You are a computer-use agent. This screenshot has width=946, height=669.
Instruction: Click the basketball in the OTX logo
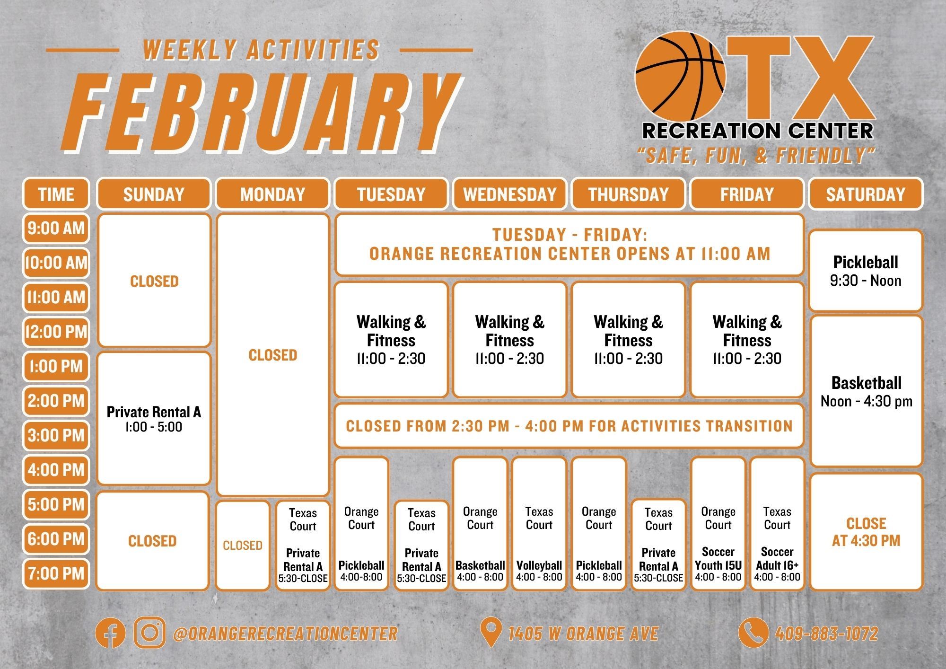(x=680, y=76)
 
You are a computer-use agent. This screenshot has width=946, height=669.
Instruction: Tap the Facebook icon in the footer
(x=110, y=633)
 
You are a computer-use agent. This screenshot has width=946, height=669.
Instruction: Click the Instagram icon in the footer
(x=149, y=633)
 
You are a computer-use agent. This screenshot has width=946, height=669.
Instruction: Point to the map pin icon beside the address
(x=491, y=633)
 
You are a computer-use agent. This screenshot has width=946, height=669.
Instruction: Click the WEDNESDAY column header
(x=509, y=194)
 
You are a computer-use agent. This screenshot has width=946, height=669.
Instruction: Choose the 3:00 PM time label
(x=56, y=435)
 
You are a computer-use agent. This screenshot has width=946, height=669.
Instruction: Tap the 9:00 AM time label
(x=56, y=229)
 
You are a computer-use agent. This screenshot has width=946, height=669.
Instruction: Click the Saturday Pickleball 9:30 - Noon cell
(x=866, y=271)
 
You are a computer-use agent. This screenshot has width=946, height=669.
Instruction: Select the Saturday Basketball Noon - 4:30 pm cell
(x=866, y=391)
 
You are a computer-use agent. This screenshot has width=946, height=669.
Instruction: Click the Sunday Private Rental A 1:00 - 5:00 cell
(x=154, y=419)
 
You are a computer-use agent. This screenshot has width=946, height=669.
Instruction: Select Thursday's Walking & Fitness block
(x=628, y=340)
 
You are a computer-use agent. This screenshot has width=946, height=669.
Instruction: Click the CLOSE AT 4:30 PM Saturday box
(x=866, y=532)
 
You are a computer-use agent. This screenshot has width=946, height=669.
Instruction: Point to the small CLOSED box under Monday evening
(x=243, y=546)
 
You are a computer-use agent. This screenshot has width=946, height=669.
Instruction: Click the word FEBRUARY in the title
(x=260, y=114)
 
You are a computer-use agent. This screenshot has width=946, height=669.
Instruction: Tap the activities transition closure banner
(x=569, y=426)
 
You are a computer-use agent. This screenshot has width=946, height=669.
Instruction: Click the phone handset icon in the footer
(x=753, y=633)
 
